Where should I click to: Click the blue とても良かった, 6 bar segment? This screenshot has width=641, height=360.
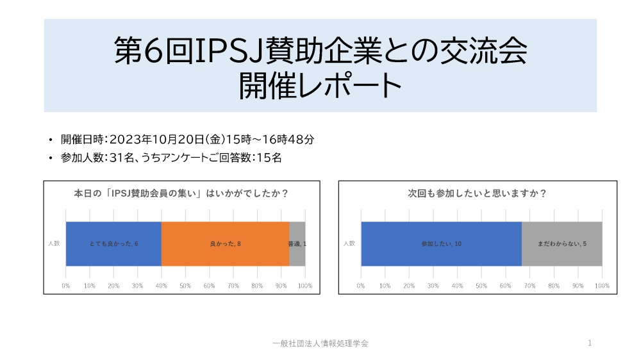(x=113, y=243)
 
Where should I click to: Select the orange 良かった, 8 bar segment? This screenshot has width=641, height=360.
(x=225, y=243)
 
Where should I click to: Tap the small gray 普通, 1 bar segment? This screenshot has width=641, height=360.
(x=297, y=243)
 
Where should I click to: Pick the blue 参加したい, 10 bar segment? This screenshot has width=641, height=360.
(x=441, y=243)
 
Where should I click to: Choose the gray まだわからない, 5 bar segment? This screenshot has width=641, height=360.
(x=562, y=243)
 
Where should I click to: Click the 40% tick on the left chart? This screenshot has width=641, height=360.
(x=162, y=285)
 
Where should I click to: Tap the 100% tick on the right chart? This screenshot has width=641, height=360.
(x=602, y=285)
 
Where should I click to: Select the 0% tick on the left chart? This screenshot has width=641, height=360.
(x=66, y=285)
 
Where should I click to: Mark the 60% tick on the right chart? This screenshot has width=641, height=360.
(x=506, y=285)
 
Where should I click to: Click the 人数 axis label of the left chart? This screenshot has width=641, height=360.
(x=54, y=243)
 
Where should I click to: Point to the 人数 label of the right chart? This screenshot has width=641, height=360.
(x=349, y=243)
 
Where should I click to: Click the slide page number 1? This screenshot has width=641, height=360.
(x=589, y=343)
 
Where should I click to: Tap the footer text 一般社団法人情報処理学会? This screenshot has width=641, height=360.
(x=320, y=343)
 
